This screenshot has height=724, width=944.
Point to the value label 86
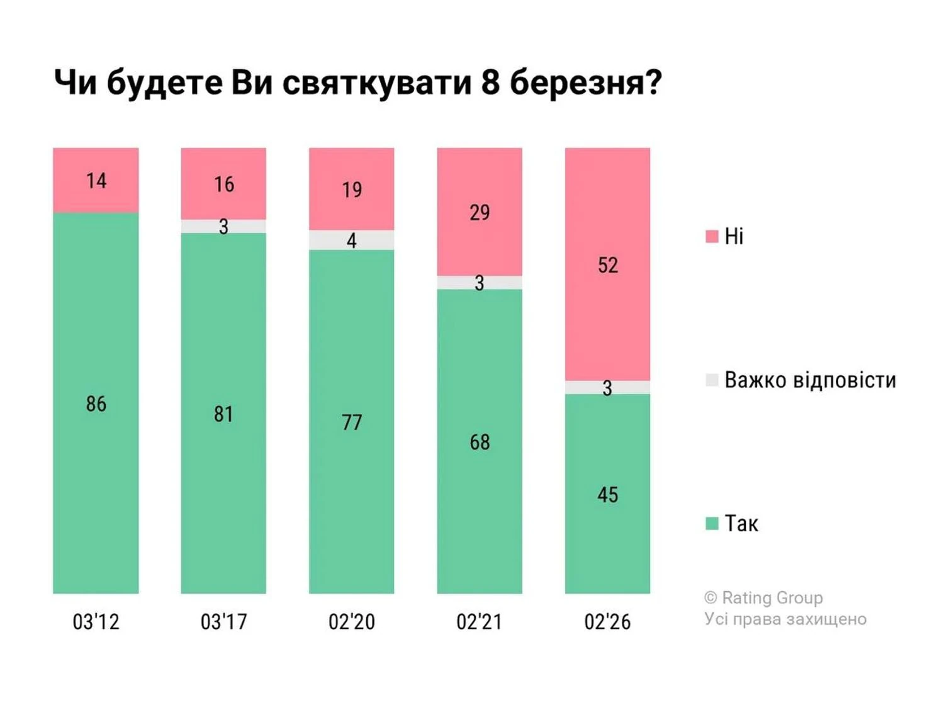[96, 404]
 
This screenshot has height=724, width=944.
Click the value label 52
[608, 265]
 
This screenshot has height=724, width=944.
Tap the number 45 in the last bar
[608, 495]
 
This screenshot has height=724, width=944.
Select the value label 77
[352, 422]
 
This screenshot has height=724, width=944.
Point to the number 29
[480, 213]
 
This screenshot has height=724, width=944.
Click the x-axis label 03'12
[96, 622]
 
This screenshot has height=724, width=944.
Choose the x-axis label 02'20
[352, 622]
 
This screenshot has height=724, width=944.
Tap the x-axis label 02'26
[607, 622]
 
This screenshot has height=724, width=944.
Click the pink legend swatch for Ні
[712, 237]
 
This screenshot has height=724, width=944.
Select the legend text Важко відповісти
[810, 380]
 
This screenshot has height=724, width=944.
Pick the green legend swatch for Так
[712, 524]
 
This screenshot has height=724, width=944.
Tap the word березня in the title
[585, 82]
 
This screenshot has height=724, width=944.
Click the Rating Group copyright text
[763, 597]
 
